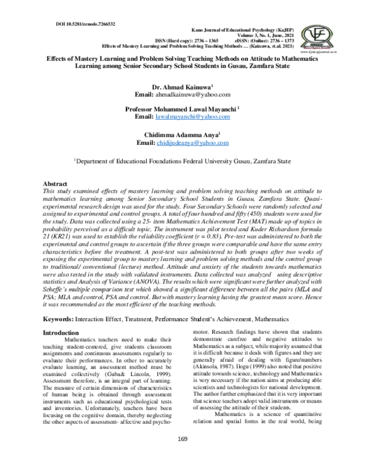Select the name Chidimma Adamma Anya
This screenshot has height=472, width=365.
(x=182, y=134)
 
